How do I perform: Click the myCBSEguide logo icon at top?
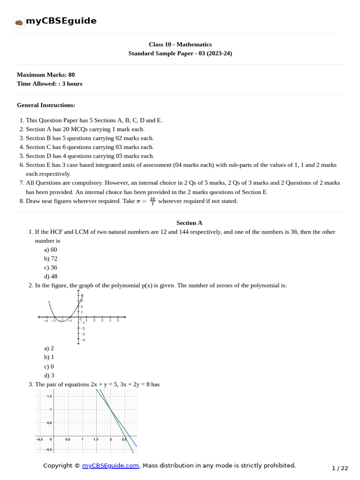[19, 22]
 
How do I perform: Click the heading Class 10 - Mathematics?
[180, 45]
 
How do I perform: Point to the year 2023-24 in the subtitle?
[217, 53]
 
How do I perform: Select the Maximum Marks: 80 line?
[45, 75]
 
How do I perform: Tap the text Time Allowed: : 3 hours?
[49, 83]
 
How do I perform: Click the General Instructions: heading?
[46, 105]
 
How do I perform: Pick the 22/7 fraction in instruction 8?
[152, 201]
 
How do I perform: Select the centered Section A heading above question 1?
[189, 223]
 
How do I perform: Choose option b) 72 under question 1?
[51, 258]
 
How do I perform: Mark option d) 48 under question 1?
[51, 277]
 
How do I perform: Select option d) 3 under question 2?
[49, 375]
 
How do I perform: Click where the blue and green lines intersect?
[111, 410]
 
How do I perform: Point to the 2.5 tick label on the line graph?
[124, 439]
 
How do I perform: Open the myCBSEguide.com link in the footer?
[111, 465]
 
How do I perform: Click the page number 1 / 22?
[340, 468]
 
